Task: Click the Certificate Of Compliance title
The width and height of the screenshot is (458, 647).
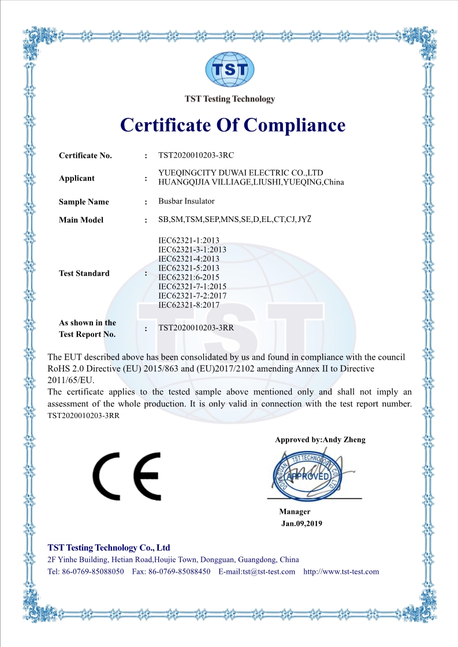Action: [x=233, y=125]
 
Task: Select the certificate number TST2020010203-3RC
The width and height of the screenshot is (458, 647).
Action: [x=196, y=155]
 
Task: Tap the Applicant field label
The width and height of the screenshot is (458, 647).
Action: [x=77, y=178]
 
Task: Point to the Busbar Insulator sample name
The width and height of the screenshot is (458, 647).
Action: [x=187, y=201]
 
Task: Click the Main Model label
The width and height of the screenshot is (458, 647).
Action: [x=81, y=220]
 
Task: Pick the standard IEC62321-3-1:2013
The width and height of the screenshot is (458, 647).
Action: [x=192, y=250]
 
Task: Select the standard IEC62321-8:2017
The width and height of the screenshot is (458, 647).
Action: [x=189, y=305]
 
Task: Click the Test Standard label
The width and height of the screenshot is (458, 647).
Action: [x=84, y=273]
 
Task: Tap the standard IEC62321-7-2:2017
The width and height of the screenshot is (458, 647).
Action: [x=192, y=296]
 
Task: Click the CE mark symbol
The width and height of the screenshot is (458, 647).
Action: [x=127, y=476]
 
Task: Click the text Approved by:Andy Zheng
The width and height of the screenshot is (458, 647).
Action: [x=320, y=439]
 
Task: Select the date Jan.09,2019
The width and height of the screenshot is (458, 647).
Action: [x=301, y=524]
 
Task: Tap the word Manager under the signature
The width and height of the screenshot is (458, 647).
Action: [x=295, y=511]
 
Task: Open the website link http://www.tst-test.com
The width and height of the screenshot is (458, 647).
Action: [x=341, y=571]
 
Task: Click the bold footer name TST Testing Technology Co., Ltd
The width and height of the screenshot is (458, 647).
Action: [x=109, y=547]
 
